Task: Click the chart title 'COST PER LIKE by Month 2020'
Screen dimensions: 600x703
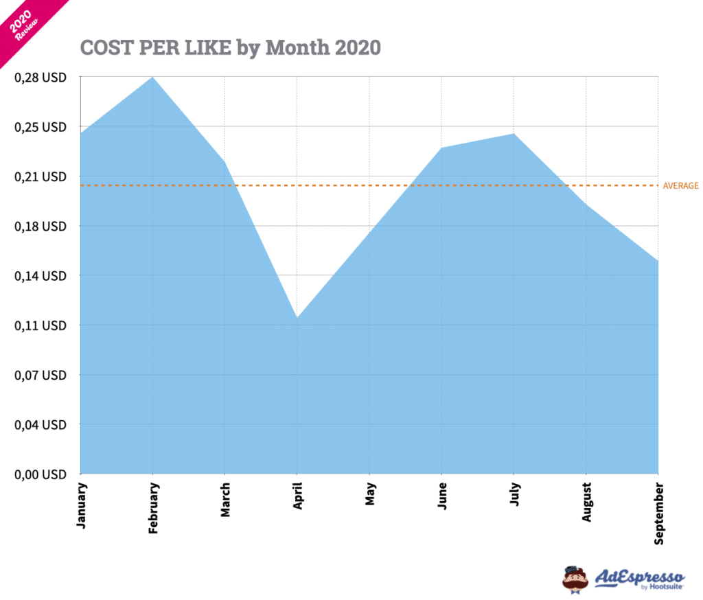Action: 230,47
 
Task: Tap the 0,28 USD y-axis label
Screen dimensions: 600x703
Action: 42,78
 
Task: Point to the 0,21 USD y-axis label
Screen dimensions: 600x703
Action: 42,176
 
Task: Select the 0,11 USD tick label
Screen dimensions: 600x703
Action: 42,325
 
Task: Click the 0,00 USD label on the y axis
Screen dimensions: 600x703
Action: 42,474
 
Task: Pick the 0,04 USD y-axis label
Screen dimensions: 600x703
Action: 42,424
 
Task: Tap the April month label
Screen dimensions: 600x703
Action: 298,496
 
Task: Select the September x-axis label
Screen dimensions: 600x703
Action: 659,513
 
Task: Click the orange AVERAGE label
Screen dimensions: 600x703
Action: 680,185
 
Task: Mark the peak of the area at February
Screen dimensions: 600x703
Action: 152,77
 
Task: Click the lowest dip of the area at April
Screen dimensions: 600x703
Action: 297,318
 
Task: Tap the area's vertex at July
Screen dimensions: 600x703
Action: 514,134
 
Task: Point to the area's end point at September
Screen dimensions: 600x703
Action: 658,261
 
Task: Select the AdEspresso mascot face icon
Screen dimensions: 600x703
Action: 575,579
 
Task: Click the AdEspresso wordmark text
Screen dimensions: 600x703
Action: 640,576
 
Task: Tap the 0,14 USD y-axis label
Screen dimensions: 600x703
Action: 42,276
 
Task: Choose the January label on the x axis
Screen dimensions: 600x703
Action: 81,504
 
